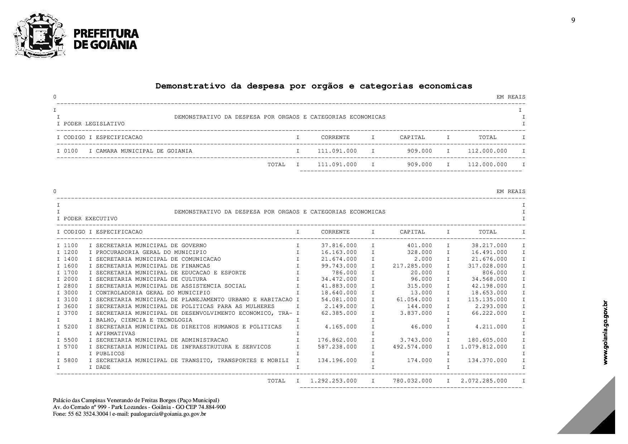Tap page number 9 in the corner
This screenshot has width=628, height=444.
pos(573,20)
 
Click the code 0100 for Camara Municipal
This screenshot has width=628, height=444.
pos(71,151)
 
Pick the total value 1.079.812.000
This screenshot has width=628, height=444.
pos(484,347)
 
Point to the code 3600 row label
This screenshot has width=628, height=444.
pos(71,307)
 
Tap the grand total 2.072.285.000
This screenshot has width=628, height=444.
pos(484,381)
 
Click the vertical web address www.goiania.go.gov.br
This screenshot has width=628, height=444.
pos(605,333)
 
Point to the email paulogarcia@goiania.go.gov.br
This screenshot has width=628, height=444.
pos(168,414)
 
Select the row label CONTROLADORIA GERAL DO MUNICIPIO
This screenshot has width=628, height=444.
pos(153,293)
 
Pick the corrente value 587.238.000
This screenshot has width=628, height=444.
pos(337,347)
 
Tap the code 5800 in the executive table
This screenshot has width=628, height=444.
pos(71,361)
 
